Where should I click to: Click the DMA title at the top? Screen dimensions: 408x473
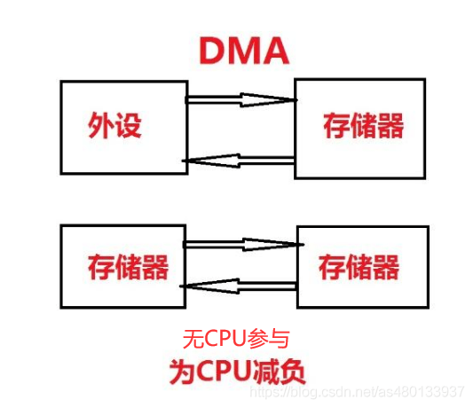click(x=242, y=51)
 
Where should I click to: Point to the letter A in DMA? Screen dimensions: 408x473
click(x=274, y=51)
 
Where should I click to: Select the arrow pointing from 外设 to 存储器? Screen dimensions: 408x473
click(x=240, y=99)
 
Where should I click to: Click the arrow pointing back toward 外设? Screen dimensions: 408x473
click(x=238, y=161)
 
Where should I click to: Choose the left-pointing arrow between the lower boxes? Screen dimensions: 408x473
click(x=238, y=286)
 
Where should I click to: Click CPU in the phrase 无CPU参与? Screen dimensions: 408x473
click(x=228, y=338)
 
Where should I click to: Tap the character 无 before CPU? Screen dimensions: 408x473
click(x=193, y=338)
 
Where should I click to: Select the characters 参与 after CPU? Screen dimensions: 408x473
click(x=270, y=338)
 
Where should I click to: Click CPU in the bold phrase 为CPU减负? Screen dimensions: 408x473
click(x=225, y=371)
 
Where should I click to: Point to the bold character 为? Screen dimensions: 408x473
click(x=183, y=371)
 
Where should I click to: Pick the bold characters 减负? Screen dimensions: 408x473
click(x=280, y=371)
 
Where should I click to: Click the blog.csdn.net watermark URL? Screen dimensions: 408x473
click(x=381, y=391)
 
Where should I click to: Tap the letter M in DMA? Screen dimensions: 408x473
click(x=242, y=51)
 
